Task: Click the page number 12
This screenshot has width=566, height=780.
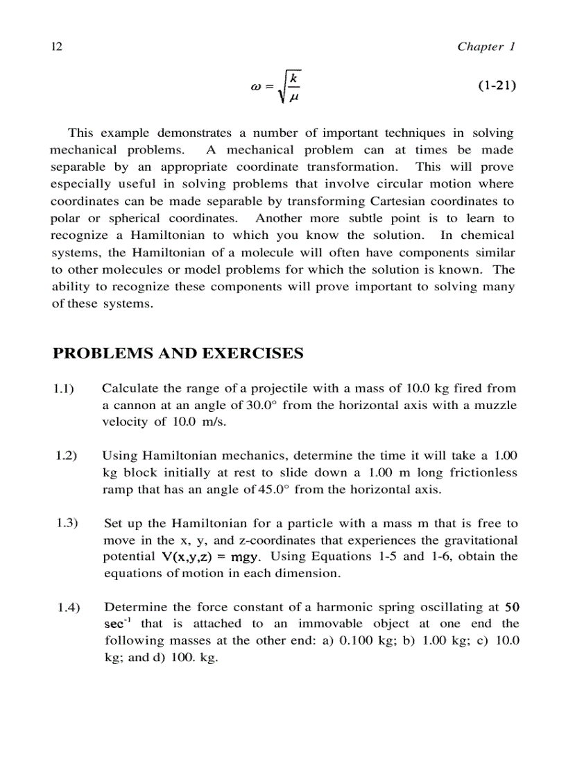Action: click(x=57, y=47)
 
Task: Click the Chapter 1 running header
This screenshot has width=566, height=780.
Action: click(x=486, y=47)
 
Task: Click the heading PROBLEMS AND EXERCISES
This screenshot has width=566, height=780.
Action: click(x=178, y=353)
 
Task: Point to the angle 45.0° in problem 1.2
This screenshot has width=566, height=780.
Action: click(x=261, y=489)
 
